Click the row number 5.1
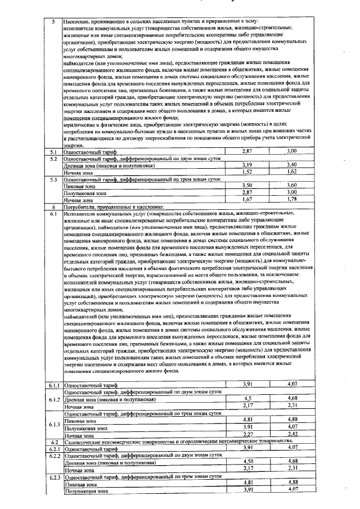click(x=53, y=152)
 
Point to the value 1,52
click(x=246, y=172)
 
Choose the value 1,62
click(x=291, y=172)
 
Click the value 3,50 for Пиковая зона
click(x=246, y=185)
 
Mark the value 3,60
click(x=291, y=185)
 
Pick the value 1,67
click(x=246, y=199)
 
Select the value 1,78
click(x=291, y=199)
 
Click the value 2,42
click(x=291, y=433)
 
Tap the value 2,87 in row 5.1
click(x=246, y=152)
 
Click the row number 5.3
click(x=53, y=179)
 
